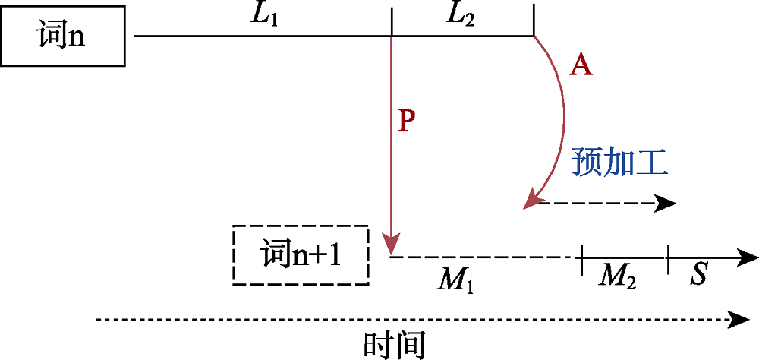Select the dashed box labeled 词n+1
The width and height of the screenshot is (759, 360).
coord(301,255)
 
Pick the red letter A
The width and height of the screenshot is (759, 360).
coord(581,67)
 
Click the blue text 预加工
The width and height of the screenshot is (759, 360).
coord(619,163)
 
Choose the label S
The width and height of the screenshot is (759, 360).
coord(699,276)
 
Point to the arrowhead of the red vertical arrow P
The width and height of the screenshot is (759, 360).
coord(391,248)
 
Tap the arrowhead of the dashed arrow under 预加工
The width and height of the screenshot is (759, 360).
coord(667,203)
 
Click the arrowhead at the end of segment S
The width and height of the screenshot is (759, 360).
coord(749,257)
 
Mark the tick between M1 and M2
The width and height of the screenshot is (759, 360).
coord(582,258)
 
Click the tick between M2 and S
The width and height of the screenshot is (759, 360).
coord(668,258)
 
